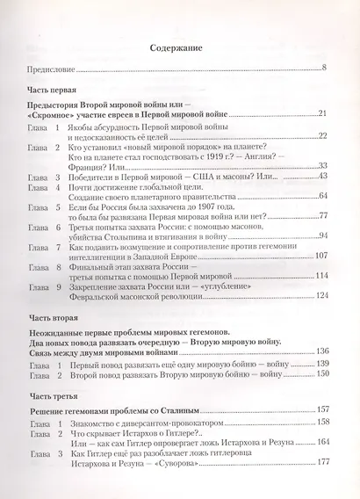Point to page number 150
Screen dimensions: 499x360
tap(320, 373)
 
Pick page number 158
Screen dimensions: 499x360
tap(320, 423)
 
